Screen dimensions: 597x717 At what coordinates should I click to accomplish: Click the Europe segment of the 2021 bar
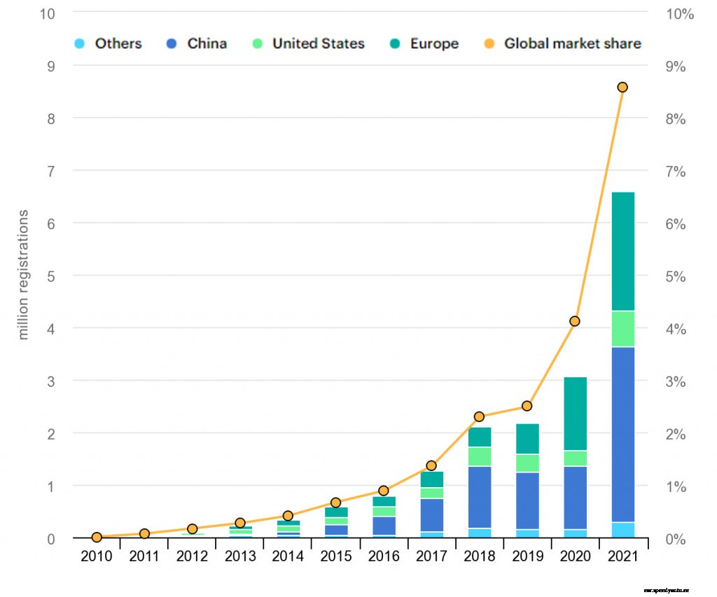tap(622, 251)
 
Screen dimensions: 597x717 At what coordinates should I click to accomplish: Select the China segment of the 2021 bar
tap(622, 434)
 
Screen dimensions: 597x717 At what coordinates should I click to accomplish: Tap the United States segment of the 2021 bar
tap(622, 329)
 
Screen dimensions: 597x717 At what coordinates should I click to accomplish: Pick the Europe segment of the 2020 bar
tap(575, 414)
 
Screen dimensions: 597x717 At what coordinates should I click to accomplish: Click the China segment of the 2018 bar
tap(480, 497)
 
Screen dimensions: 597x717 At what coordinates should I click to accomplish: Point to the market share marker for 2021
tap(622, 87)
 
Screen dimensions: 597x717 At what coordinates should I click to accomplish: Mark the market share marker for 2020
tap(575, 321)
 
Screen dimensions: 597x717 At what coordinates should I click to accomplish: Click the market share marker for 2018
tap(480, 416)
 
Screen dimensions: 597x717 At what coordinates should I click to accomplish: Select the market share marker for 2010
tap(97, 538)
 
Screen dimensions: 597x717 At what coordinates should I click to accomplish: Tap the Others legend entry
tap(109, 43)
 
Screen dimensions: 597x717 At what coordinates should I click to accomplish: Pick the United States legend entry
tap(309, 43)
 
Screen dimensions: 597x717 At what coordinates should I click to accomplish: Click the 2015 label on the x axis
tap(335, 557)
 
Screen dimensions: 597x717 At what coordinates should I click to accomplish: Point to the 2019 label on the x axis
tap(527, 557)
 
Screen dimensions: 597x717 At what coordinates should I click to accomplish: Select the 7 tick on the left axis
tap(51, 171)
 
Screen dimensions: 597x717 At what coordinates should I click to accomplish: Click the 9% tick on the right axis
tap(675, 66)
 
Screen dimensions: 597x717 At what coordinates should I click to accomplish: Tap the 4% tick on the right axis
tap(675, 329)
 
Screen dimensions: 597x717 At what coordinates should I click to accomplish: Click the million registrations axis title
tap(24, 274)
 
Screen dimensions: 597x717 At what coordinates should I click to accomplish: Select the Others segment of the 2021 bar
tap(622, 530)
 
